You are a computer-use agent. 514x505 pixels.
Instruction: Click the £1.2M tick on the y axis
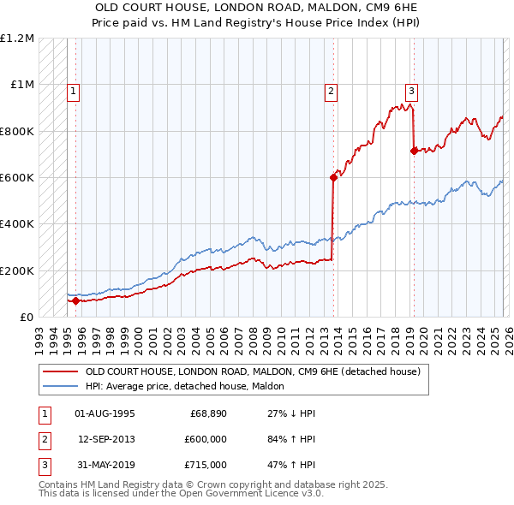pos(17,39)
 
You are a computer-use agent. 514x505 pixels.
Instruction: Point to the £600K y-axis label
pos(17,178)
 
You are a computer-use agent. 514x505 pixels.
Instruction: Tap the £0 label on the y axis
pos(26,318)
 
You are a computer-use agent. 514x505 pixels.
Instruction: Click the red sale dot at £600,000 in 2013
pos(333,178)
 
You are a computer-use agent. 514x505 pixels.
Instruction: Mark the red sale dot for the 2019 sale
pos(414,151)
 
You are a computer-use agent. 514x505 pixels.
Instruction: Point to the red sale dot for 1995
pos(75,301)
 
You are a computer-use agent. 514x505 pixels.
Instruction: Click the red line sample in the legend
pos(60,372)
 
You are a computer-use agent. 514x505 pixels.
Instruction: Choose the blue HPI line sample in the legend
pos(60,387)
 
